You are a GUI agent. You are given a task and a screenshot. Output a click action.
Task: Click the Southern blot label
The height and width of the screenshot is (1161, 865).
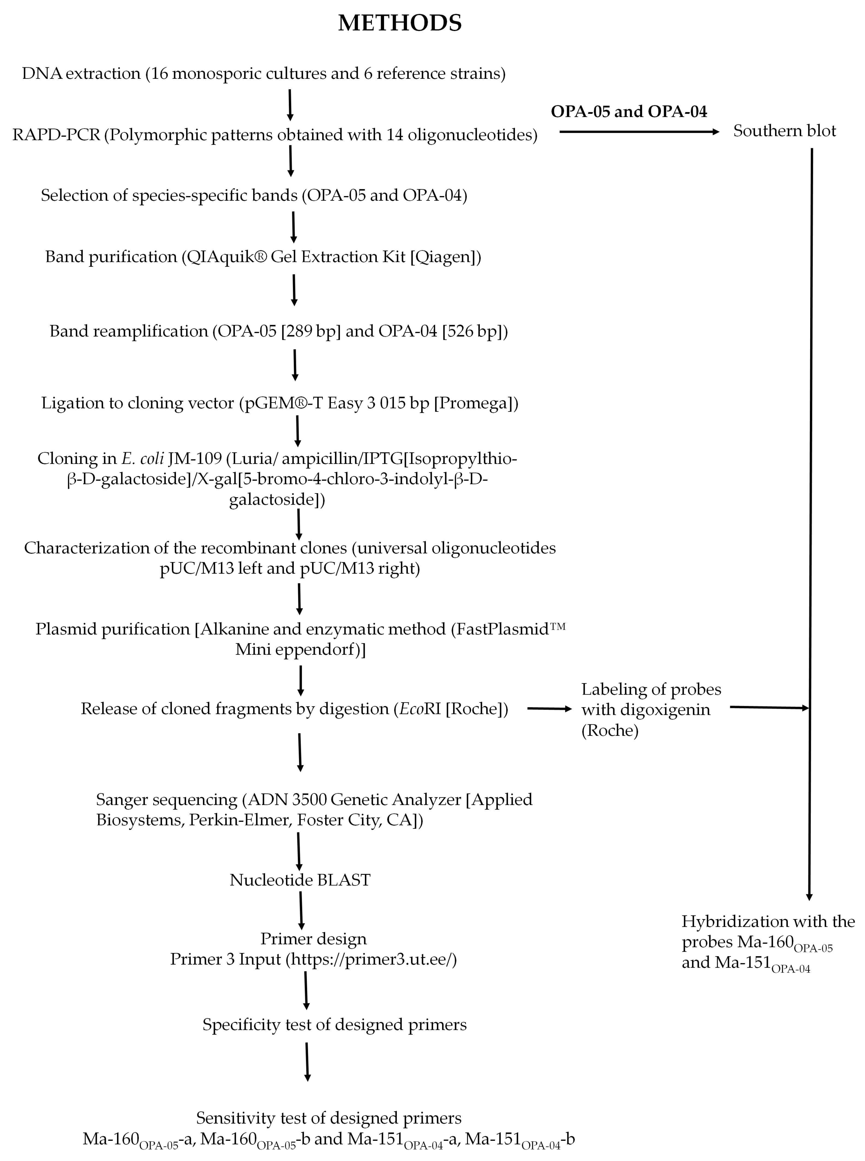pos(784,131)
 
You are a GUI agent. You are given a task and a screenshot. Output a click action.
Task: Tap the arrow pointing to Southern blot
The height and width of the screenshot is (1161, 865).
pos(639,132)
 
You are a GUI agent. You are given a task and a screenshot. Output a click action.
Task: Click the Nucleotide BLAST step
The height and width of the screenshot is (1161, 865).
pos(300,880)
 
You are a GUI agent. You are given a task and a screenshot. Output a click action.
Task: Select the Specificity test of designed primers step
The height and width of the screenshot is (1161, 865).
pos(334,1024)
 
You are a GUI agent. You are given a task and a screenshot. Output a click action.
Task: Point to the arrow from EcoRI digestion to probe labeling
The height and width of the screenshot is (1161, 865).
pos(549,709)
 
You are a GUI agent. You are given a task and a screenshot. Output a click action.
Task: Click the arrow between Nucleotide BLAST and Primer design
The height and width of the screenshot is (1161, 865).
pos(301,910)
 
